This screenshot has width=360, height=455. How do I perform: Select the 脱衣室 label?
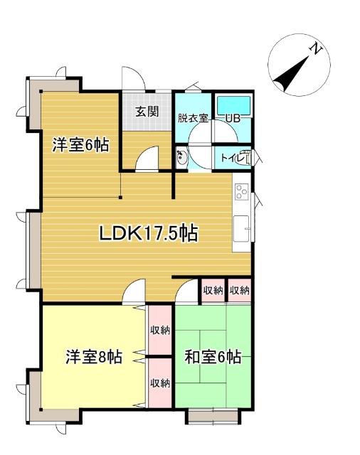tap(193, 118)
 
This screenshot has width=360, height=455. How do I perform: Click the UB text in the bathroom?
tap(233, 118)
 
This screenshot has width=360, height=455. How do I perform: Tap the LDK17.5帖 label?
tap(148, 232)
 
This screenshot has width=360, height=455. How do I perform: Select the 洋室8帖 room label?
tap(93, 356)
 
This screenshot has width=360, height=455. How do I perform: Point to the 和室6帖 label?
tap(213, 356)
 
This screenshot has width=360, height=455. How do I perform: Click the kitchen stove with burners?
tap(241, 192)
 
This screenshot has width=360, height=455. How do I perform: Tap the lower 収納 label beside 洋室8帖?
tap(160, 382)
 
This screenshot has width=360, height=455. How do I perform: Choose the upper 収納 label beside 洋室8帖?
tap(160, 330)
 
